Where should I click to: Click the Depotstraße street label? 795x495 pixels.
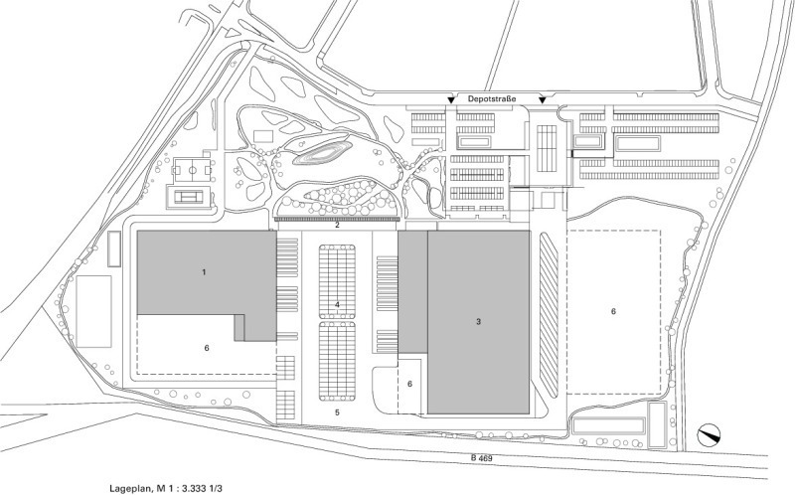click(491, 98)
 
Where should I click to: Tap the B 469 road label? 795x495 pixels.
click(481, 458)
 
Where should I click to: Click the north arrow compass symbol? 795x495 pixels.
click(709, 434)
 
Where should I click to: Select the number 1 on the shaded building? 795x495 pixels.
click(204, 272)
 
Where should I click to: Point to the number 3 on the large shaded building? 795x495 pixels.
click(478, 321)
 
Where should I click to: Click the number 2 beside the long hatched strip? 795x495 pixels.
click(337, 226)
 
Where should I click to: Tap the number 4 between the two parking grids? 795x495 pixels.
click(337, 304)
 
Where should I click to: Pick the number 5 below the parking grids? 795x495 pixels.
click(337, 412)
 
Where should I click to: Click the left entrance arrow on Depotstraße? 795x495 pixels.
click(450, 100)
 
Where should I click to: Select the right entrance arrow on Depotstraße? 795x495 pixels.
click(543, 100)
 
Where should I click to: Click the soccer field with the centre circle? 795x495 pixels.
click(192, 170)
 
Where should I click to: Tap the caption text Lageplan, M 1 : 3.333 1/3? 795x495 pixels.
click(166, 489)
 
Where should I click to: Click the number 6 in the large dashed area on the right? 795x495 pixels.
click(613, 311)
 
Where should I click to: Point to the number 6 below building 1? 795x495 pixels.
click(207, 349)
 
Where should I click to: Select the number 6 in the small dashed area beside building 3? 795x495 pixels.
click(409, 384)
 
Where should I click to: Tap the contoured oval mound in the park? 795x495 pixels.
click(321, 153)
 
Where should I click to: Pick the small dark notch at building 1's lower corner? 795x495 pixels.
click(239, 328)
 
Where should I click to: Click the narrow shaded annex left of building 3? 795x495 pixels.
click(412, 292)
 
